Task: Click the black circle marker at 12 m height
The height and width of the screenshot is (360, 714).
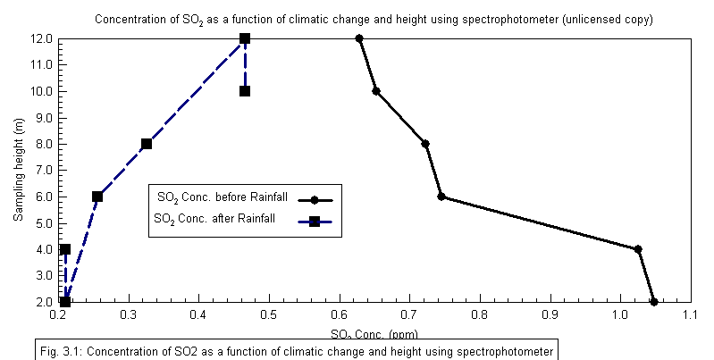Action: pos(359,38)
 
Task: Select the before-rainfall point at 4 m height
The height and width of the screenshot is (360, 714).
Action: pos(638,249)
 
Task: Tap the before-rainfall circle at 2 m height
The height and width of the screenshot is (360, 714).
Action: pos(654,302)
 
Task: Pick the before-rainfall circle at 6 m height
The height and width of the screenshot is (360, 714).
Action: pos(441,197)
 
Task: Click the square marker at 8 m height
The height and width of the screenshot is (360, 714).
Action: pos(147,144)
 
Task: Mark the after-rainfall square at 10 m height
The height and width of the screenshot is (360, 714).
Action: pos(245,91)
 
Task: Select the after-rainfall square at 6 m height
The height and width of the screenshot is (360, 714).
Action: pos(97,197)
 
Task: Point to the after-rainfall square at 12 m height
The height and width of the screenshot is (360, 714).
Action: pos(245,38)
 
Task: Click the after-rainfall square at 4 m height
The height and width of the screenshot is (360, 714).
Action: pos(65,249)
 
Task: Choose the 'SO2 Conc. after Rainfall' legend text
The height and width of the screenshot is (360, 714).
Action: pos(214,218)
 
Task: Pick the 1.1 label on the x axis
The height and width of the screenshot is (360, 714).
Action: pos(689,315)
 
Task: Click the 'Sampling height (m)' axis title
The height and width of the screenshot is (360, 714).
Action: pos(18,170)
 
